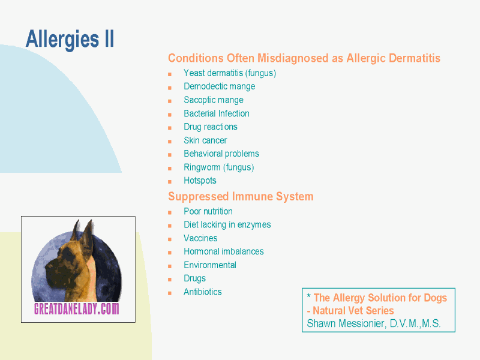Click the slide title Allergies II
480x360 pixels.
70,40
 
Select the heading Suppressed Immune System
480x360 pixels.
241,197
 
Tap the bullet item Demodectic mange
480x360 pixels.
220,86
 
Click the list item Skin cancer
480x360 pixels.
205,140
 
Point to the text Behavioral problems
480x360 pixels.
221,154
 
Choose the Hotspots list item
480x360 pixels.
200,181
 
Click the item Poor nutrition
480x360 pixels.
208,211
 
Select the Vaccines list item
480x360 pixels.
200,238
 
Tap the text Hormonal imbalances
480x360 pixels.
224,251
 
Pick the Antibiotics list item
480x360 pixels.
203,292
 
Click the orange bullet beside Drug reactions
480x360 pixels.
170,128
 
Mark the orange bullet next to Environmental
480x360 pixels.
170,266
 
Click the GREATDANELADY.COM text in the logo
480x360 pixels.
77,308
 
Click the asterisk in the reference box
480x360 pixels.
309,296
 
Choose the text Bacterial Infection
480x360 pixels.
217,113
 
